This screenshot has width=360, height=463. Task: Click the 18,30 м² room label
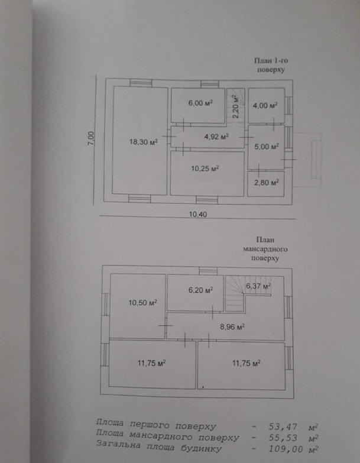click(144, 142)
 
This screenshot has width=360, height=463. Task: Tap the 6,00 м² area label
click(200, 103)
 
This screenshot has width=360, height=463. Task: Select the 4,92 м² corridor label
click(217, 137)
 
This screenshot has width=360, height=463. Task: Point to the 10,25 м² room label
click(205, 169)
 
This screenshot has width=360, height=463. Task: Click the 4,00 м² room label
click(265, 105)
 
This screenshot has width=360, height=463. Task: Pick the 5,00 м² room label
click(267, 147)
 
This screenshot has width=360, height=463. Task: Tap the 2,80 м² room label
click(267, 183)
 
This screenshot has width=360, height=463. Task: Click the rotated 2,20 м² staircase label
click(235, 106)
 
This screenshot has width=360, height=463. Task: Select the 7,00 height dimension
click(92, 138)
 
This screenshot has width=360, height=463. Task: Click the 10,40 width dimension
click(197, 215)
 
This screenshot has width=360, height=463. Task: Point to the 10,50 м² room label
click(142, 303)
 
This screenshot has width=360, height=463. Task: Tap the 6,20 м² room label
click(200, 290)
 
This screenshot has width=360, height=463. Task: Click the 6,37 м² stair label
click(258, 286)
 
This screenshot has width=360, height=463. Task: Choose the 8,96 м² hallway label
click(232, 326)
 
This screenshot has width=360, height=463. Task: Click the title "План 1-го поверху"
click(271, 65)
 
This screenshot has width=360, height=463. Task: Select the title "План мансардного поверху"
click(265, 249)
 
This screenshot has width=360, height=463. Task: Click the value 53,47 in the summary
click(283, 427)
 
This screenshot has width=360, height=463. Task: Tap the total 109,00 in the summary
click(286, 449)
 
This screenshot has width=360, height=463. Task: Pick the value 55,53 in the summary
click(283, 438)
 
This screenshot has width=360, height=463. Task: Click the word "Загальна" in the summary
click(118, 445)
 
